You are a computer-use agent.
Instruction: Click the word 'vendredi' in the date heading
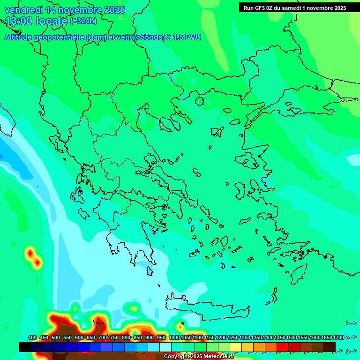(x=23, y=10)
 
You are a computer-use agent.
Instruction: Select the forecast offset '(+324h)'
(x=83, y=21)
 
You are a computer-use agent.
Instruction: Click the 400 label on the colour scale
(x=32, y=337)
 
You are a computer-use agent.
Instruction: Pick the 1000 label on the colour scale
(x=174, y=337)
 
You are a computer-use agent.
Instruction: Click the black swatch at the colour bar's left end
(x=25, y=347)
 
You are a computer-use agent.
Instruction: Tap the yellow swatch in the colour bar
(x=236, y=347)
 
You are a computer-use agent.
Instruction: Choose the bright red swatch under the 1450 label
(x=283, y=347)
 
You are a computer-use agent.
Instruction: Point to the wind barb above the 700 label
(x=98, y=323)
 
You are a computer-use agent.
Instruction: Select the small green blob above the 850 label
(x=134, y=308)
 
